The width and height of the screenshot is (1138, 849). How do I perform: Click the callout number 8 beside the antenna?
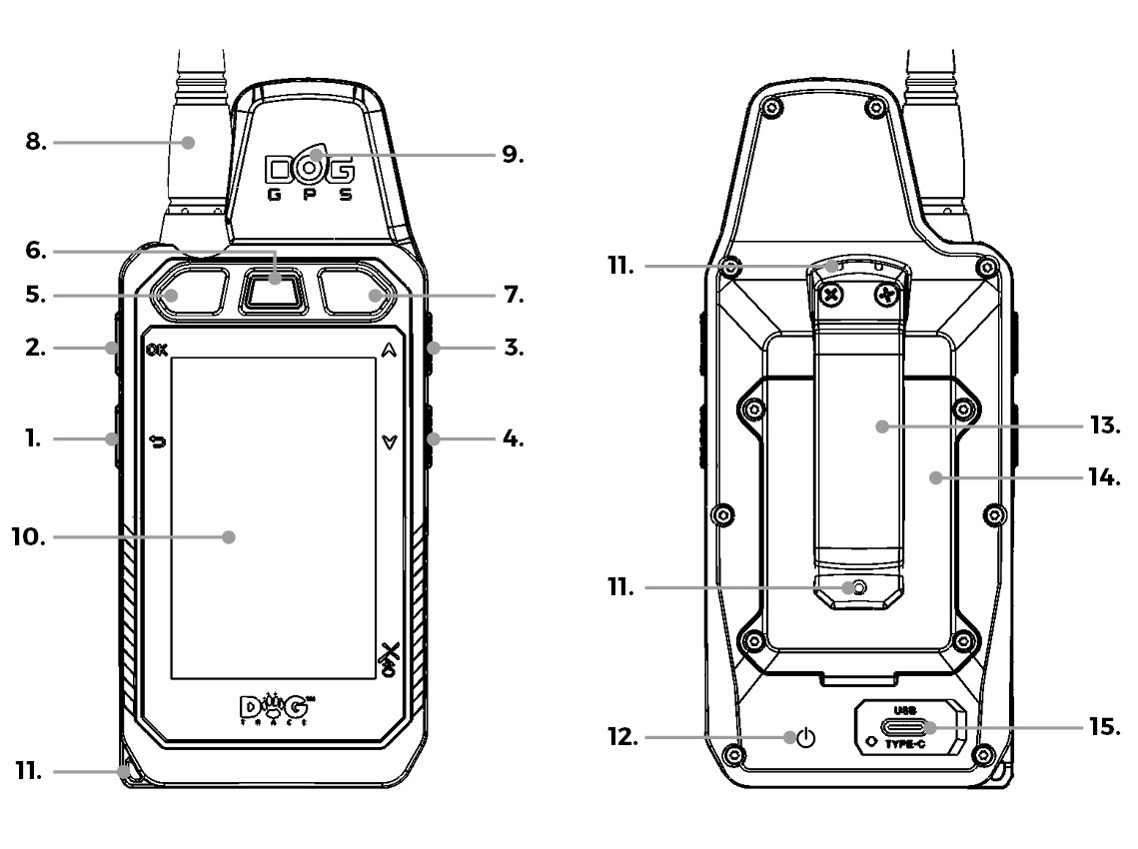pyautogui.click(x=36, y=142)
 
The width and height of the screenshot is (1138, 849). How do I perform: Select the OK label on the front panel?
pyautogui.click(x=157, y=351)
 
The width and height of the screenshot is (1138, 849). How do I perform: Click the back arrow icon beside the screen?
pyautogui.click(x=158, y=440)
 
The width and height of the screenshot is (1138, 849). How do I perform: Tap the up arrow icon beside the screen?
pyautogui.click(x=390, y=351)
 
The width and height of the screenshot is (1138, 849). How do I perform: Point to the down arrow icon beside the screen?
pyautogui.click(x=390, y=441)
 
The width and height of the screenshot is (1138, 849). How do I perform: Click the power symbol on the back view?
pyautogui.click(x=806, y=739)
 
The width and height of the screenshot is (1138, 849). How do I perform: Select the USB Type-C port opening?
pyautogui.click(x=906, y=727)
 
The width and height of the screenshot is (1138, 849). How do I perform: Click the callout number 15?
pyautogui.click(x=1105, y=726)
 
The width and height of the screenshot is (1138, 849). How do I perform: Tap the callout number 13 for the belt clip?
pyautogui.click(x=1105, y=425)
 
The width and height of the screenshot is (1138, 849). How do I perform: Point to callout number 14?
pyautogui.click(x=1105, y=477)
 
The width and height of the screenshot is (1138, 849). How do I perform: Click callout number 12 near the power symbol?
pyautogui.click(x=622, y=737)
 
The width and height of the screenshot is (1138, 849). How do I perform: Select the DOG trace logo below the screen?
pyautogui.click(x=277, y=709)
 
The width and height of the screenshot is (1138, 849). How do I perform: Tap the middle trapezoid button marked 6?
pyautogui.click(x=273, y=291)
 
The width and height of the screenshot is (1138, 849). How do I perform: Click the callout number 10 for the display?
pyautogui.click(x=28, y=537)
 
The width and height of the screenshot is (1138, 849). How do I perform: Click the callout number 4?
pyautogui.click(x=514, y=438)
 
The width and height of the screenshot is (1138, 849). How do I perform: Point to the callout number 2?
pyautogui.click(x=36, y=348)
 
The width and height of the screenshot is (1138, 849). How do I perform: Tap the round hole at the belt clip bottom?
pyautogui.click(x=859, y=587)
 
